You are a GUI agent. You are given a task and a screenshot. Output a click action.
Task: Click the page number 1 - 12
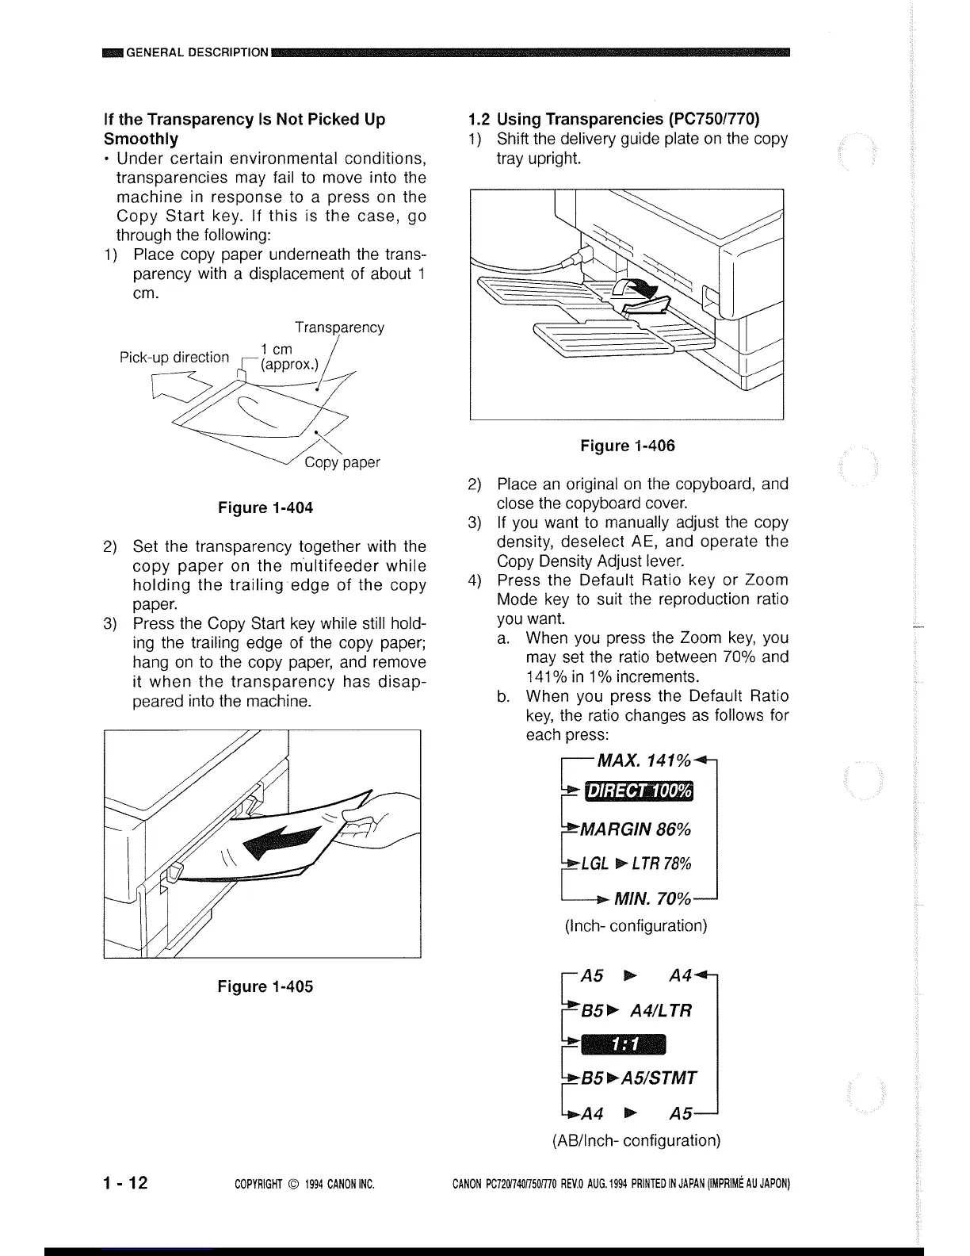(125, 1183)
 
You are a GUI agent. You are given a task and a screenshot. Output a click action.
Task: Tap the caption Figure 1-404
(265, 507)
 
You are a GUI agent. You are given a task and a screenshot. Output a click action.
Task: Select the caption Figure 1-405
(265, 986)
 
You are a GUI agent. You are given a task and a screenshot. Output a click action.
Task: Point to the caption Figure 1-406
(628, 446)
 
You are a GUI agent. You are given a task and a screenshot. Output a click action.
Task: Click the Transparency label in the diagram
(339, 327)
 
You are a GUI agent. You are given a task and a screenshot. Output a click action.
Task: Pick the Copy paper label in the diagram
(342, 462)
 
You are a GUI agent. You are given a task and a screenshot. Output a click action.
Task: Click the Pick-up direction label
(174, 358)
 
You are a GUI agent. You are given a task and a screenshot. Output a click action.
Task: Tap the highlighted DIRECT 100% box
(638, 792)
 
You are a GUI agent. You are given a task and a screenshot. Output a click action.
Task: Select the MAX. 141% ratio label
(643, 761)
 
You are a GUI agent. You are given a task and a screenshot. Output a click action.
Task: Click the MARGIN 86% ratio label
(636, 829)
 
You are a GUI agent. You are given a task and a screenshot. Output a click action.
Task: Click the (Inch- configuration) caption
(636, 925)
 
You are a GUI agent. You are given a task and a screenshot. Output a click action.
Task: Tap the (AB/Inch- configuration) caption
(636, 1140)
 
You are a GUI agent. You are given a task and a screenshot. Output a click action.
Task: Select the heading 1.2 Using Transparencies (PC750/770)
(614, 119)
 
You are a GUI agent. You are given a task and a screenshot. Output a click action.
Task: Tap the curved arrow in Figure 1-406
(639, 295)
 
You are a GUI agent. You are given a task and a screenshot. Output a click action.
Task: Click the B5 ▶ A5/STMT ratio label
(639, 1078)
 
